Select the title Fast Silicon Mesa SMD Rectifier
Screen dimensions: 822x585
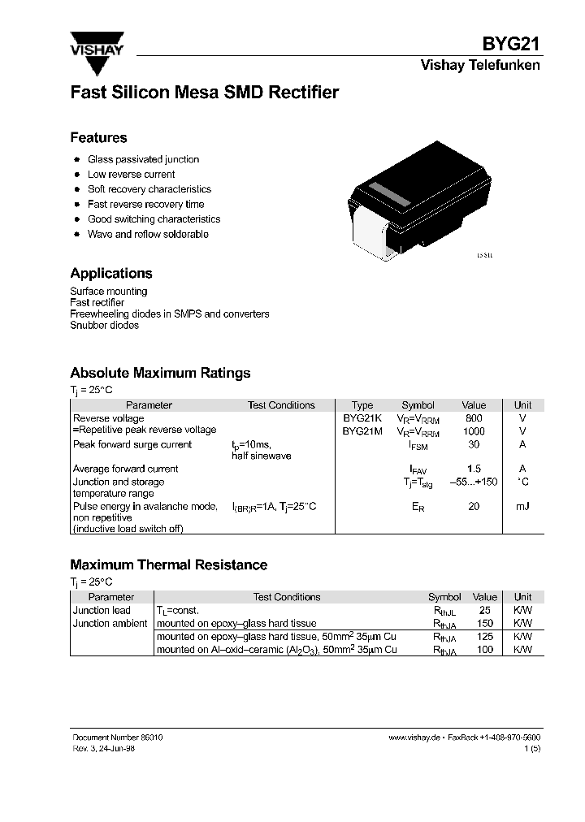(x=204, y=93)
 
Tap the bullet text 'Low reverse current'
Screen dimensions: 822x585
(x=132, y=175)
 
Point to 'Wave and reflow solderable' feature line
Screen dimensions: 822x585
(x=148, y=234)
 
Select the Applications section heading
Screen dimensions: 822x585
(x=111, y=274)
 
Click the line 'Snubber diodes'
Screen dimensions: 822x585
(x=105, y=326)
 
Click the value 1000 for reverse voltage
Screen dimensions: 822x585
(x=474, y=431)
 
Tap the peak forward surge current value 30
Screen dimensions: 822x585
(x=474, y=444)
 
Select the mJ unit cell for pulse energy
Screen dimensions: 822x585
(x=522, y=506)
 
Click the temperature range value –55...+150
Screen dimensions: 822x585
(x=474, y=482)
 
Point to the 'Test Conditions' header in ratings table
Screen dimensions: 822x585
(x=281, y=405)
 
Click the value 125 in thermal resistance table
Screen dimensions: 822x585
(x=485, y=637)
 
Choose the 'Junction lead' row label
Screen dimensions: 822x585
(x=102, y=610)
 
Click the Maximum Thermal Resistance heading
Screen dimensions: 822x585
(x=169, y=565)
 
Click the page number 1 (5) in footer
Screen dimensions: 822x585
(x=532, y=748)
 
